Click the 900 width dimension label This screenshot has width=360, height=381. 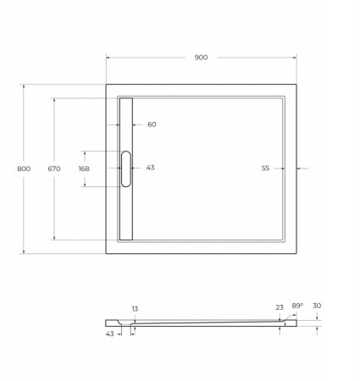pyautogui.click(x=201, y=58)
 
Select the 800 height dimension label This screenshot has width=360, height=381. pyautogui.click(x=24, y=168)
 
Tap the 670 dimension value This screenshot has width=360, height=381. pyautogui.click(x=54, y=168)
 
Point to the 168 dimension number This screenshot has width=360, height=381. pyautogui.click(x=83, y=168)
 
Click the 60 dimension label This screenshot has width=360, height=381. pyautogui.click(x=152, y=124)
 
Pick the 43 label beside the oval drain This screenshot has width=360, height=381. pyautogui.click(x=150, y=168)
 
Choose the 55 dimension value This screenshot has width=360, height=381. pyautogui.click(x=265, y=168)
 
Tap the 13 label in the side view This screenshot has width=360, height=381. pyautogui.click(x=135, y=309)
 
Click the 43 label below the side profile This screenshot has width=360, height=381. pyautogui.click(x=110, y=334)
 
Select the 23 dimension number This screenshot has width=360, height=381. pyautogui.click(x=280, y=307)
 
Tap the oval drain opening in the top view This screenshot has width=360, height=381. pyautogui.click(x=127, y=168)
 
